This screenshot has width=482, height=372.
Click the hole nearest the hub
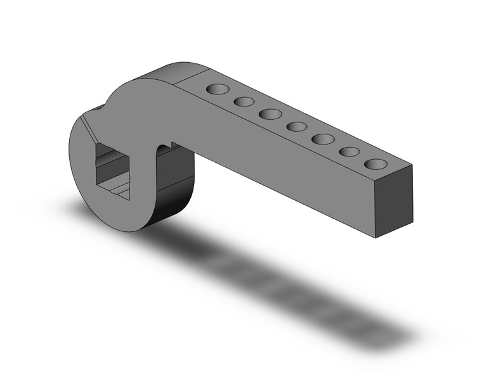click(x=218, y=89)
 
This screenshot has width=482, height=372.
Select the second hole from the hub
click(x=244, y=101)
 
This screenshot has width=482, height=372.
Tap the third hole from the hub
click(x=270, y=114)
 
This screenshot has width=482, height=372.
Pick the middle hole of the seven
click(x=296, y=127)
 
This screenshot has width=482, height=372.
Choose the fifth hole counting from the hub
click(x=323, y=139)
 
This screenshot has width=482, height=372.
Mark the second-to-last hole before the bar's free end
click(x=349, y=152)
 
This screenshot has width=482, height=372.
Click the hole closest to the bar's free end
click(x=375, y=165)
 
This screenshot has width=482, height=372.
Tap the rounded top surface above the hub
click(x=178, y=71)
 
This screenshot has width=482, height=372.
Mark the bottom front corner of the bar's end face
click(x=375, y=238)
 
